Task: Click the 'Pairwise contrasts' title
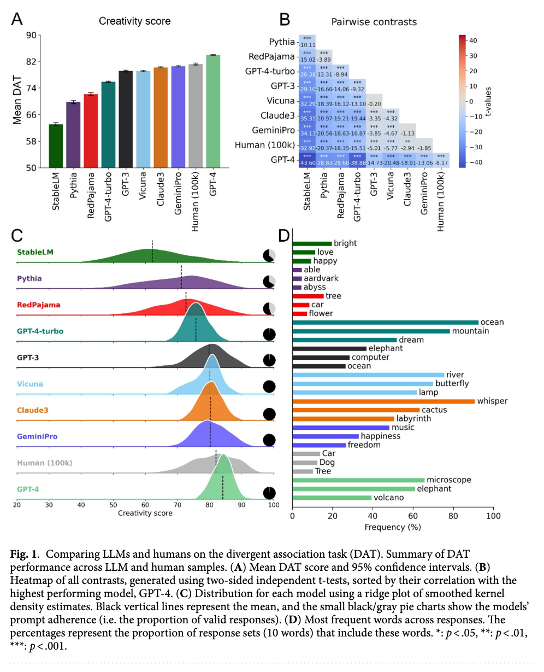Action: tap(374, 22)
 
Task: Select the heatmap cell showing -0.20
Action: tap(374, 102)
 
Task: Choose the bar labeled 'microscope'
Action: tap(358, 480)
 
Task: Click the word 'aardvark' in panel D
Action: tap(321, 278)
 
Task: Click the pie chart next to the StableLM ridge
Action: tap(269, 255)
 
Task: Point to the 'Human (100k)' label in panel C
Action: tap(44, 463)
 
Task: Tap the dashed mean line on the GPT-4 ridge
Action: tap(223, 488)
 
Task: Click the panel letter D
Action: tap(284, 236)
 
